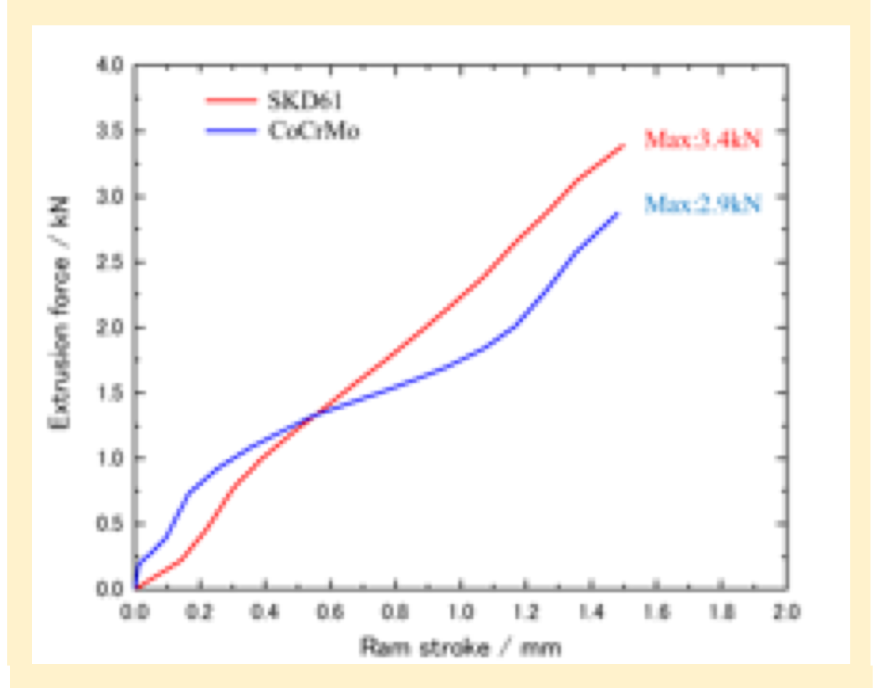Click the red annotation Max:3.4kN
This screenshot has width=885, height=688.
coord(703,140)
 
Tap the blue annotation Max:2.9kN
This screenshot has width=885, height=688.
coord(703,205)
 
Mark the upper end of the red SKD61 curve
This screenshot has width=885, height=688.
coord(624,146)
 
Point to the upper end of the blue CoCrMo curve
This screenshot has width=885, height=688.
coord(618,213)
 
